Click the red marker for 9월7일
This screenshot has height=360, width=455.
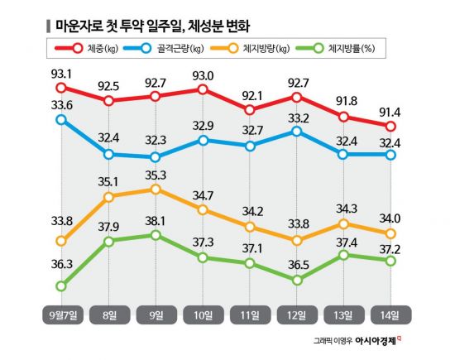pos(60,88)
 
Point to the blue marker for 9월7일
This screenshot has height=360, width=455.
pos(60,120)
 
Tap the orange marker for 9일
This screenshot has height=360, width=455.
pos(155,190)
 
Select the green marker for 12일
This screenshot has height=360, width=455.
pos(296,280)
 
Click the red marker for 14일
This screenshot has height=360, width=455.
pos(391,126)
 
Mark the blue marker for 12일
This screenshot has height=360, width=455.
pos(296,132)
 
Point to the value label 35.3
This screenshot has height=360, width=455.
pos(155,175)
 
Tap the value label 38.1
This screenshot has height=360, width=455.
pos(155,221)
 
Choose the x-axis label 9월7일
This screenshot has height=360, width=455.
pos(60,315)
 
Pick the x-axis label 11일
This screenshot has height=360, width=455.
pos(249,315)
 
